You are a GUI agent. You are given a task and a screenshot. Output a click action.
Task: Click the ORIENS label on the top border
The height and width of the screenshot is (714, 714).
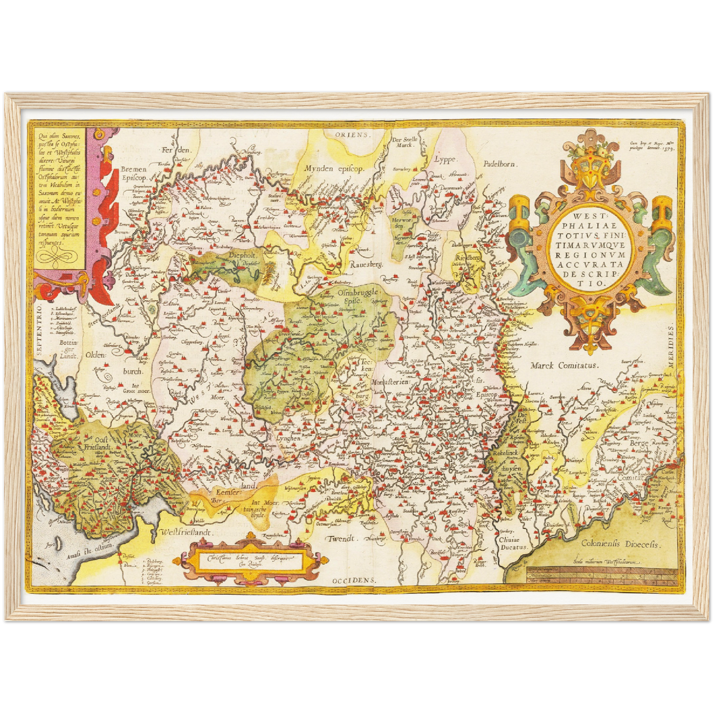click(351, 134)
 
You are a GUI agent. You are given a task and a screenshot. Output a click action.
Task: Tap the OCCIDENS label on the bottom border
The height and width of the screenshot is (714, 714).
click(354, 580)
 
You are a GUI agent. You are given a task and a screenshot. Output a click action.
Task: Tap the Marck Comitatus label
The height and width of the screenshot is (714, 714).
click(564, 366)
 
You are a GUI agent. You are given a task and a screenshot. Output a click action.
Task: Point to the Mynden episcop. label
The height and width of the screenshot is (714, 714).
click(334, 168)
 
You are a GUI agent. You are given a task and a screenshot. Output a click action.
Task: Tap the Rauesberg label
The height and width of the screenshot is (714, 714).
click(367, 265)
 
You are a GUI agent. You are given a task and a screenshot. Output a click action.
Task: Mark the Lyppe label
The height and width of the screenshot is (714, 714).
click(445, 159)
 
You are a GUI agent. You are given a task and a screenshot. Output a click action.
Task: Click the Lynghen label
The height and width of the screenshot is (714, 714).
click(289, 438)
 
